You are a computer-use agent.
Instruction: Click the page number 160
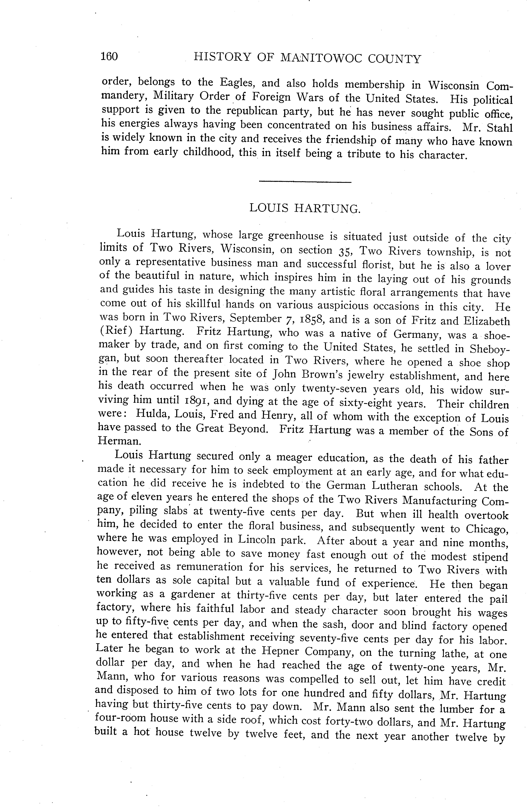coord(109,56)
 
